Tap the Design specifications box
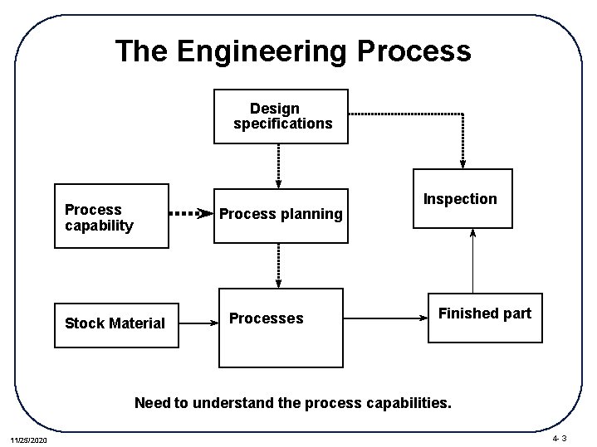coord(281,116)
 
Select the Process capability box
coord(111,216)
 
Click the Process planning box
coord(281,215)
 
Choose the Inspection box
coord(462,199)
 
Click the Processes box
coord(281,327)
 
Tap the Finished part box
coord(485,317)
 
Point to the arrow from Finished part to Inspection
coord(472,260)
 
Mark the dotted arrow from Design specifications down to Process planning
coord(279,165)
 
